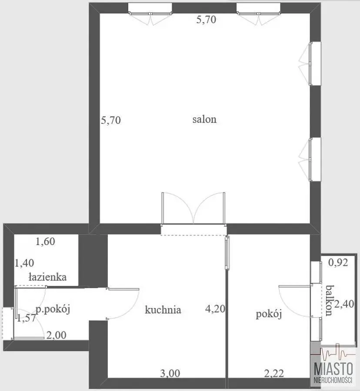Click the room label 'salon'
point(204,119)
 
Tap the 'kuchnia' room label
point(163,310)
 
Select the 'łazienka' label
point(47,277)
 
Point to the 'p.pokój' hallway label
point(53,309)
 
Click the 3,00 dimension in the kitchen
point(170,374)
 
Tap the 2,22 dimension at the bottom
point(274,374)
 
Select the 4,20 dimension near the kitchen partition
point(215,309)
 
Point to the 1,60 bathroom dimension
point(45,242)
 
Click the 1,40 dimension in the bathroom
point(24,263)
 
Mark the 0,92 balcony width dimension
point(338,262)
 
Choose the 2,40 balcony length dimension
point(344,304)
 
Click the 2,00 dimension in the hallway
point(57,335)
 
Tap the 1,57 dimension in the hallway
point(27,318)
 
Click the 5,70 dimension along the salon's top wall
point(206,20)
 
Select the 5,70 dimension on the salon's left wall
point(111,120)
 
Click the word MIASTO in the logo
point(333,369)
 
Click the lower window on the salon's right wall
point(310,159)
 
